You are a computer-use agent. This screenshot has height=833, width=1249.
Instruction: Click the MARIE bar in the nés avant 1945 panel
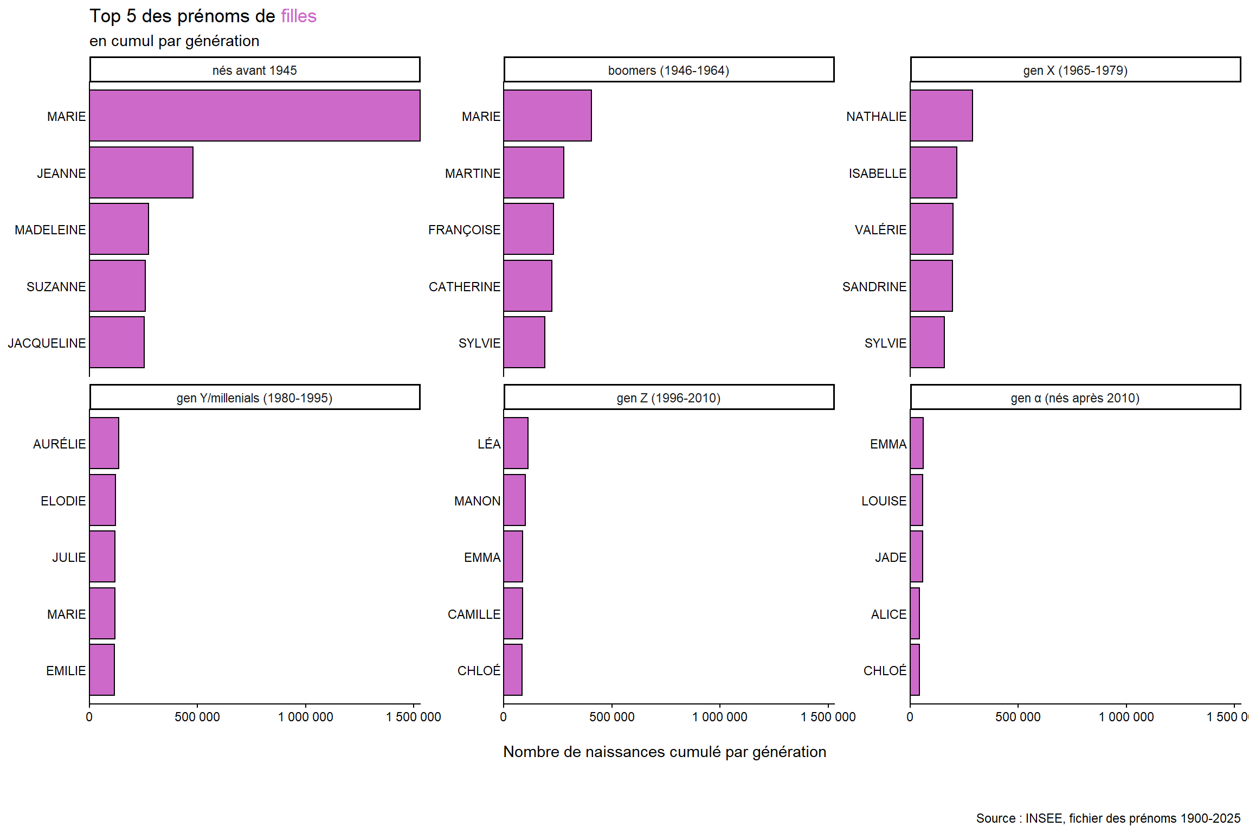point(255,116)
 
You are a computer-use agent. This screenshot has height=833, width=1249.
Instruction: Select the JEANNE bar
point(141,172)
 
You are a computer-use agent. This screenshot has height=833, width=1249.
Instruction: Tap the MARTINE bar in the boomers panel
point(533,172)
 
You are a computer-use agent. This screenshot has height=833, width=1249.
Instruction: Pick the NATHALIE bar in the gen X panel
point(941,116)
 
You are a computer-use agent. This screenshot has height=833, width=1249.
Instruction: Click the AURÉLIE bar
point(104,443)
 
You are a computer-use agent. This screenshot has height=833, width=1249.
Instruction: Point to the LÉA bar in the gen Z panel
point(516,443)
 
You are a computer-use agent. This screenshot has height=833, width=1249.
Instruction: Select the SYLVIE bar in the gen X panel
point(927,342)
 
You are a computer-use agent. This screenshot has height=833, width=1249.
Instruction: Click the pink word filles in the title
point(299,16)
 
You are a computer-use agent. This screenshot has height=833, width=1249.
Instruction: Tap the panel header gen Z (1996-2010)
point(668,398)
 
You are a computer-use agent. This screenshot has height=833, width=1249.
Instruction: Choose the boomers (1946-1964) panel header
point(668,70)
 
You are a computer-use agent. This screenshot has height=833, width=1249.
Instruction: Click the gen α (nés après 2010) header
point(1075,398)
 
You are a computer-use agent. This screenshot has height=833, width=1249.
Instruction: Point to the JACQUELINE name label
point(47,343)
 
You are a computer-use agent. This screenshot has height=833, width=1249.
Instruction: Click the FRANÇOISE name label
point(464,230)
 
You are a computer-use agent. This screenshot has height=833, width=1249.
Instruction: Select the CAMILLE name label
point(474,614)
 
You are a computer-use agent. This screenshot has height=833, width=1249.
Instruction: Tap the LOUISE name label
point(884,501)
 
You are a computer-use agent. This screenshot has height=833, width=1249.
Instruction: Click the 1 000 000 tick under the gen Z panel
point(719,716)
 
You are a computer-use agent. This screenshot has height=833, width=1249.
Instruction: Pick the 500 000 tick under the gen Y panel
point(197,716)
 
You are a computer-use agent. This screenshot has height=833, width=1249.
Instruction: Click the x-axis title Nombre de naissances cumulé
point(665,752)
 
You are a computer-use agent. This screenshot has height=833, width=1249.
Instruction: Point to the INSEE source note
point(1108,818)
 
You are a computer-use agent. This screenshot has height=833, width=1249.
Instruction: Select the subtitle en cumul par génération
point(174,41)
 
